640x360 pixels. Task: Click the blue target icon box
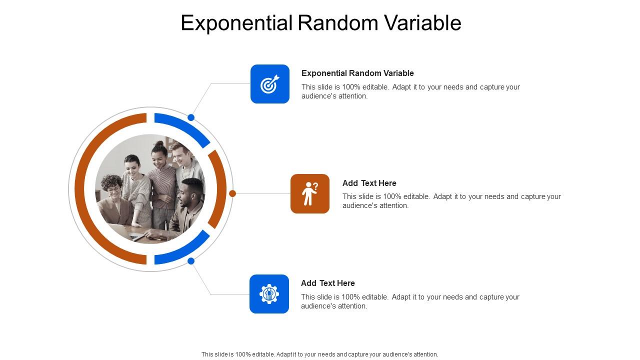click(x=270, y=84)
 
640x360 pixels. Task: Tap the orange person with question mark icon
click(x=310, y=193)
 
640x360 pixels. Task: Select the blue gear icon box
click(x=269, y=294)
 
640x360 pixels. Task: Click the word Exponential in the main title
click(x=236, y=23)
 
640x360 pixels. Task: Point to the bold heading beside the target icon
click(x=357, y=73)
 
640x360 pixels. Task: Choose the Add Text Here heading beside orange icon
click(x=369, y=183)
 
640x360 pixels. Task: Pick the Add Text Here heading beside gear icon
click(x=327, y=283)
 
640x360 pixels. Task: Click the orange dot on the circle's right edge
click(x=232, y=193)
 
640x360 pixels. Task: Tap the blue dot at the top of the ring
click(x=191, y=117)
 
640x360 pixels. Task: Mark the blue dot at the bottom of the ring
click(x=191, y=261)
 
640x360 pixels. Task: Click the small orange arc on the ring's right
click(x=219, y=189)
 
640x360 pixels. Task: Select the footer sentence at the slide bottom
click(x=320, y=354)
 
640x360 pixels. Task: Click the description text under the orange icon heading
click(x=451, y=201)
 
